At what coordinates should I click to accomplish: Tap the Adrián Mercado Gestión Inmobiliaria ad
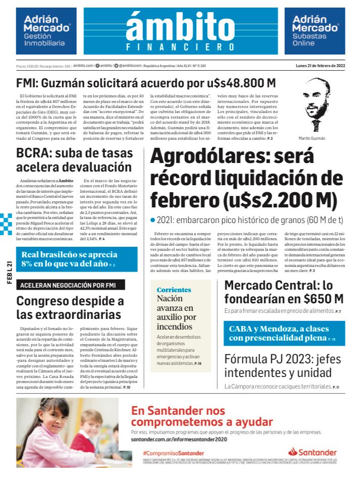pyautogui.click(x=46, y=31)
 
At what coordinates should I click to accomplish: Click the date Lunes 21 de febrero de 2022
pyautogui.click(x=320, y=66)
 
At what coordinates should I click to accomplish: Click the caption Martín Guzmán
pyautogui.click(x=315, y=138)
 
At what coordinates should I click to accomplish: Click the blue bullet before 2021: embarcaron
pyautogui.click(x=152, y=221)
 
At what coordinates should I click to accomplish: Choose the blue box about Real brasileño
pyautogui.click(x=76, y=259)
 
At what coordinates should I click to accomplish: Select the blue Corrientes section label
pyautogui.click(x=174, y=290)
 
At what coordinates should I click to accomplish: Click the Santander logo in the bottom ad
pyautogui.click(x=312, y=452)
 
